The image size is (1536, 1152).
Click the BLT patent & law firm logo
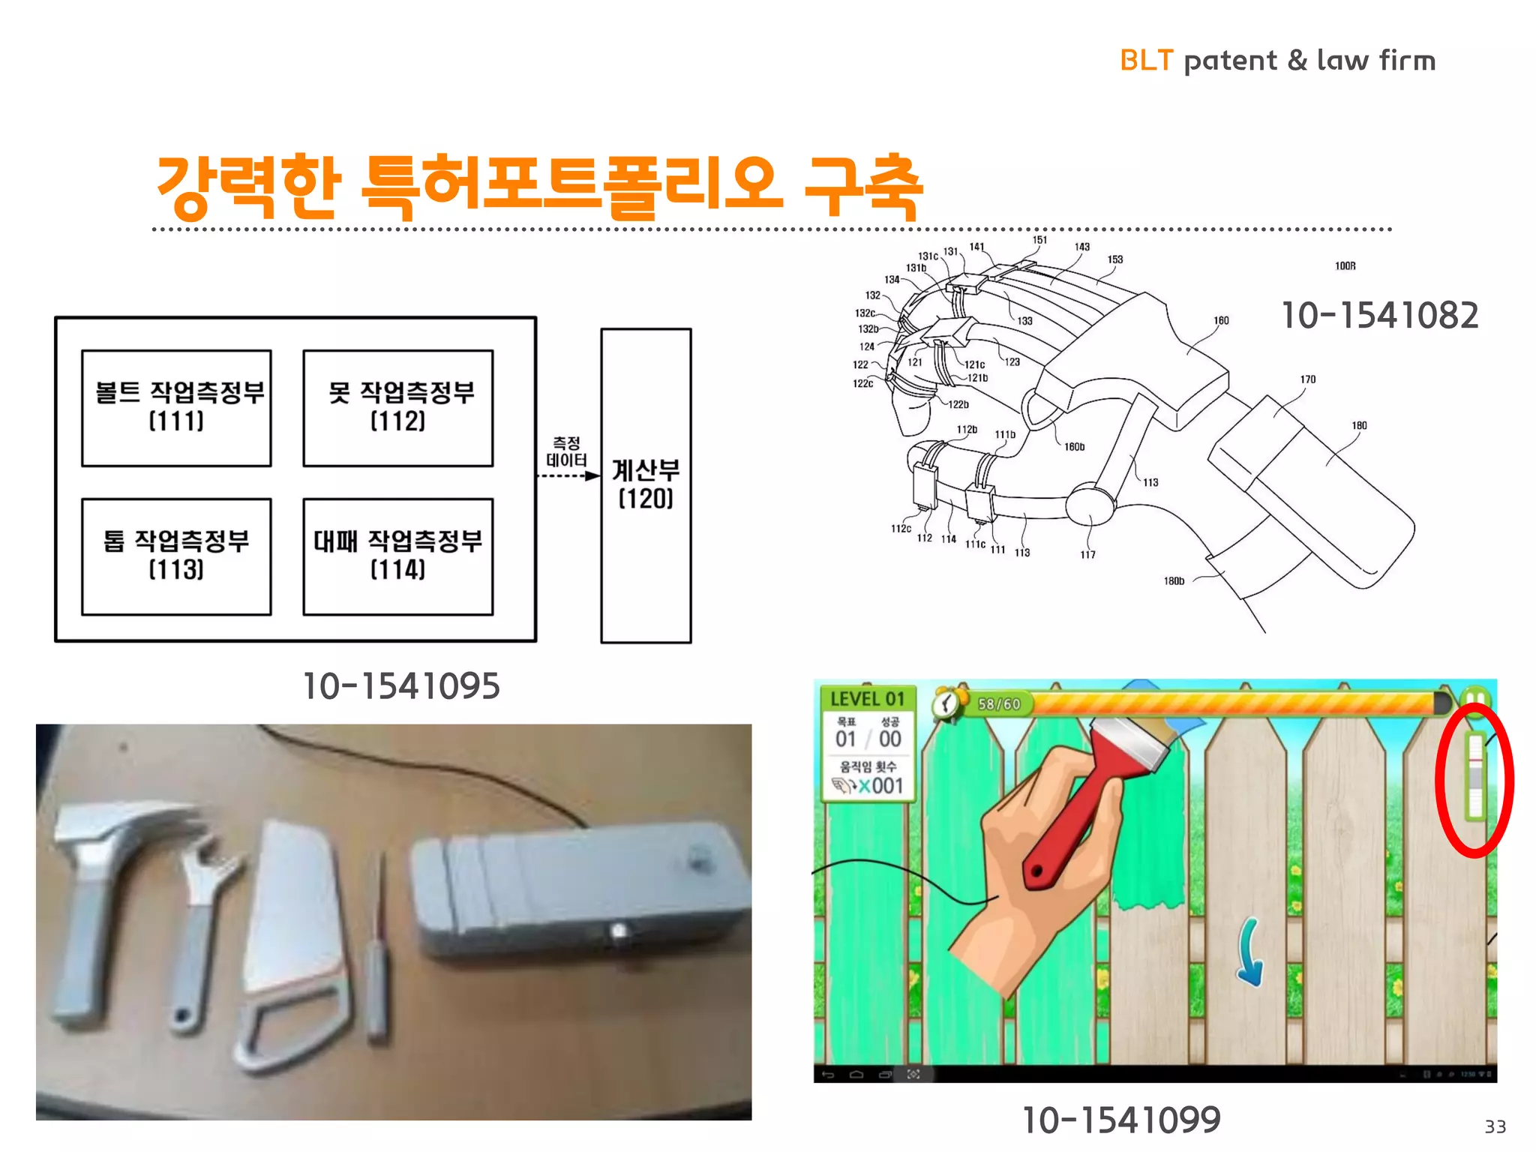[x=1276, y=60]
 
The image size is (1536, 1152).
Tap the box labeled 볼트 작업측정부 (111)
[x=176, y=408]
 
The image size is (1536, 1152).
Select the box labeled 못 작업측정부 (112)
[x=397, y=408]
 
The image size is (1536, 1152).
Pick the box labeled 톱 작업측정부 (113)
[x=176, y=556]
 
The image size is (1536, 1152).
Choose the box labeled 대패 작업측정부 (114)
[x=397, y=556]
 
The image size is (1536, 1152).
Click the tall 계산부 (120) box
[x=646, y=484]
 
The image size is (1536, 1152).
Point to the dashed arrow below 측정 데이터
[x=568, y=475]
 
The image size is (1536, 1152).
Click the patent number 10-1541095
[x=400, y=685]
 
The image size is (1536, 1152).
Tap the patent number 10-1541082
[x=1379, y=315]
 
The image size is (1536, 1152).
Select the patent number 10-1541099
[x=1121, y=1120]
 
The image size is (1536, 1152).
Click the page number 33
[x=1495, y=1126]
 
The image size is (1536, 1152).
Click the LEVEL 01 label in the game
[x=867, y=699]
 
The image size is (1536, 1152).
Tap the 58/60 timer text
[x=999, y=703]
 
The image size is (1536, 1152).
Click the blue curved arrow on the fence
[x=1250, y=952]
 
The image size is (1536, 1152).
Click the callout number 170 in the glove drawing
[x=1308, y=379]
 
